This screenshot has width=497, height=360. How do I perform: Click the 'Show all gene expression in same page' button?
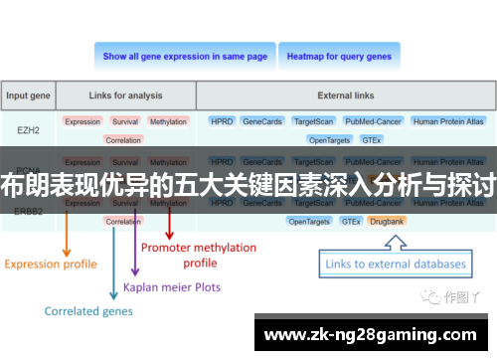pyautogui.click(x=185, y=57)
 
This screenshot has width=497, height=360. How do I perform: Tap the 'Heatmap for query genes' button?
pyautogui.click(x=339, y=57)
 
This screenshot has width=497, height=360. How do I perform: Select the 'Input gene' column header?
pyautogui.click(x=29, y=96)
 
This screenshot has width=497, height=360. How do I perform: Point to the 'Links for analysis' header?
pyautogui.click(x=124, y=96)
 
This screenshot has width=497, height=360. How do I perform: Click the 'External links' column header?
pyautogui.click(x=347, y=96)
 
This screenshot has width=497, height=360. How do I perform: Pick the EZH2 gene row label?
pyautogui.click(x=29, y=130)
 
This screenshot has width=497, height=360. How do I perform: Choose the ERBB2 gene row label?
pyautogui.click(x=29, y=210)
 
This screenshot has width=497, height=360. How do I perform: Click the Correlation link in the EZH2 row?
pyautogui.click(x=123, y=140)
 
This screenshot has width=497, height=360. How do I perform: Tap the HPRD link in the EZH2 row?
pyautogui.click(x=221, y=121)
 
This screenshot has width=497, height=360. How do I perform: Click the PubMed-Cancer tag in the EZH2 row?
pyautogui.click(x=372, y=121)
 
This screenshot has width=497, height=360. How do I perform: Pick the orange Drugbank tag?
pyautogui.click(x=387, y=221)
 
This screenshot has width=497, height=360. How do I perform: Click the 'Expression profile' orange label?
pyautogui.click(x=51, y=265)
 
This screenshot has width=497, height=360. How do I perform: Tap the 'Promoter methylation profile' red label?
pyautogui.click(x=199, y=255)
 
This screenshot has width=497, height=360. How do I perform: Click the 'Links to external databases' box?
pyautogui.click(x=397, y=265)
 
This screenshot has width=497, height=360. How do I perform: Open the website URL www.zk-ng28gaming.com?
pyautogui.click(x=372, y=333)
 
